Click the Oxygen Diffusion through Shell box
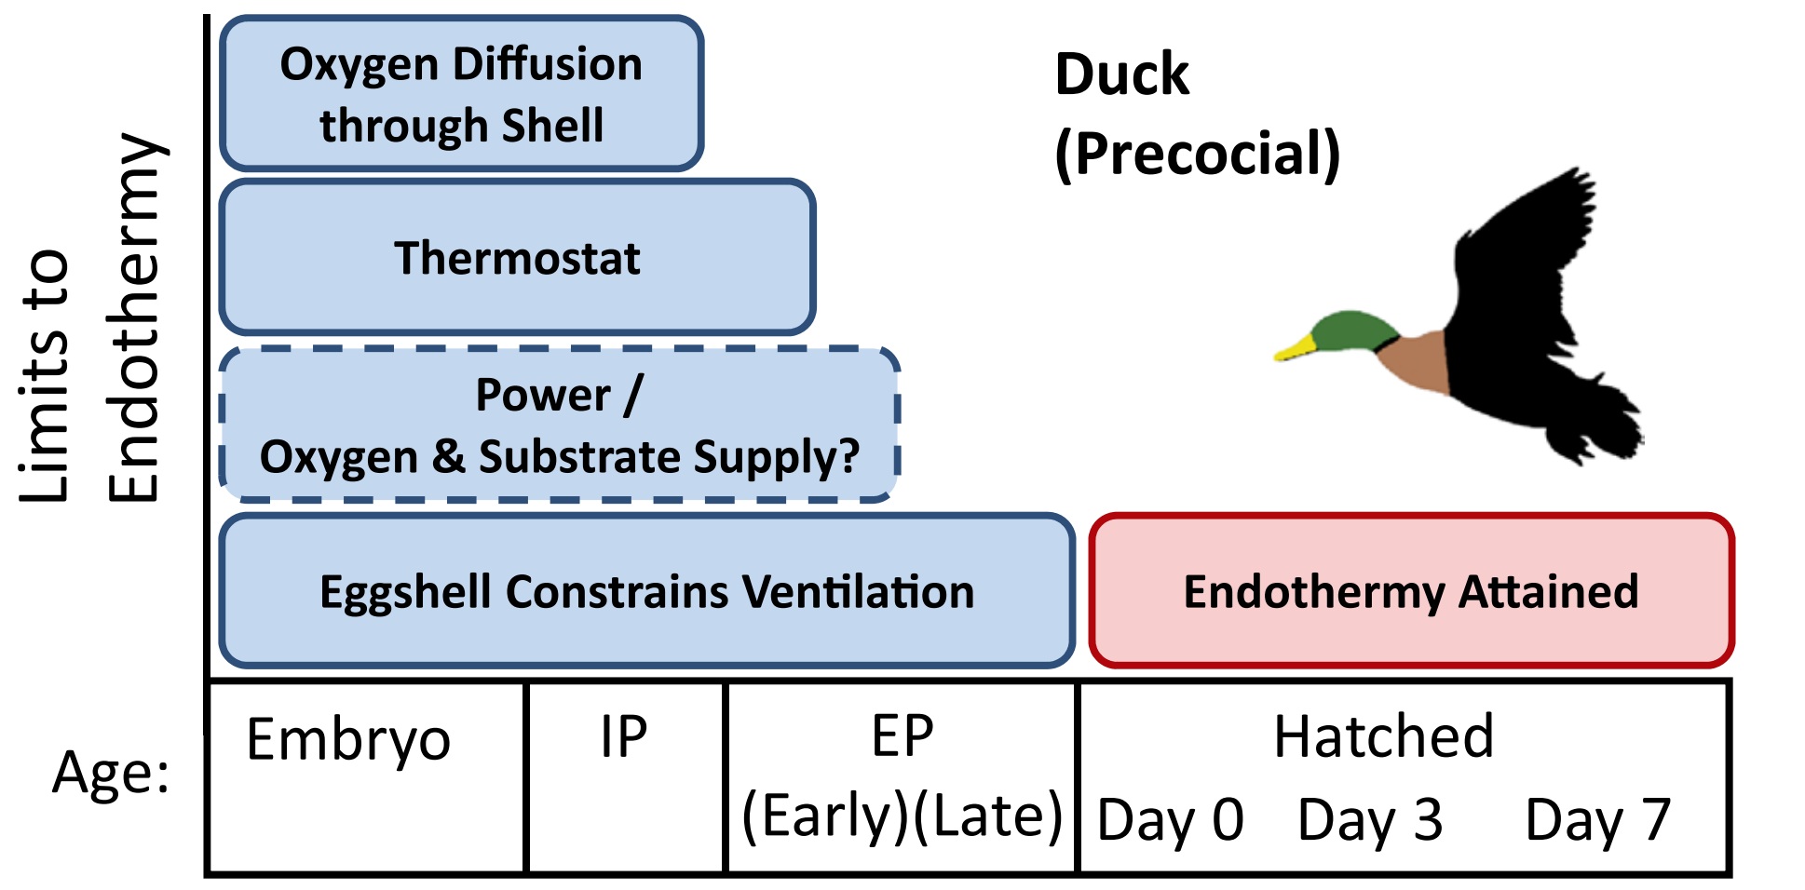pos(461,93)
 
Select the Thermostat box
pos(517,258)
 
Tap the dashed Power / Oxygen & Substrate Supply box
pos(559,425)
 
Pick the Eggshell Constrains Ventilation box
pos(646,591)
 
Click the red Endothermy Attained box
pos(1410,591)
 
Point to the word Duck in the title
pos(1121,74)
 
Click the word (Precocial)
pos(1198,154)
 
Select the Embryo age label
pos(348,740)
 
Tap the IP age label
pos(623,737)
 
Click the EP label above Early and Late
pos(902,736)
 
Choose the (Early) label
pos(825,816)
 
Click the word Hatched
pos(1383,736)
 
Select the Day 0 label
pos(1171,820)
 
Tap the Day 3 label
pos(1370,820)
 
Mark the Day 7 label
pos(1597,820)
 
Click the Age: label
pos(111,773)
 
